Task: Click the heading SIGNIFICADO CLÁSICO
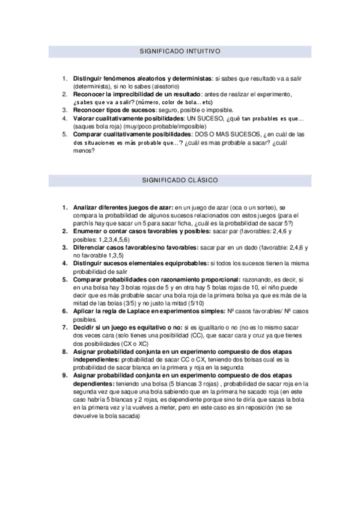coord(180,180)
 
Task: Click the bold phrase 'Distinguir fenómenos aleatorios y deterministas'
coord(142,79)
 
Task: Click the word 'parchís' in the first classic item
coord(84,223)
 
